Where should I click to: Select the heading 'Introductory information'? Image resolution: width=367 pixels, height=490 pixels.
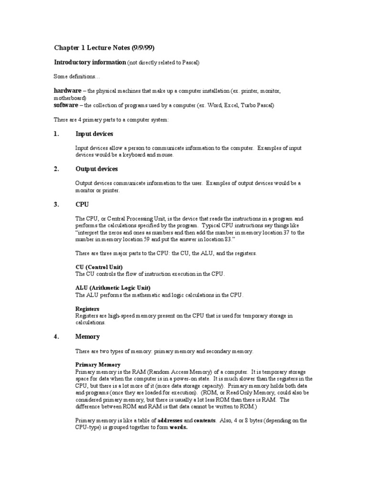(x=89, y=62)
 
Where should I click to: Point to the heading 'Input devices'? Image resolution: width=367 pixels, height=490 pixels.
(x=94, y=134)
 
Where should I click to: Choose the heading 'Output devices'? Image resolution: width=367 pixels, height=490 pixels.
(x=97, y=169)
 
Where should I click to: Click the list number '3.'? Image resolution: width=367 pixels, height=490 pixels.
(x=56, y=204)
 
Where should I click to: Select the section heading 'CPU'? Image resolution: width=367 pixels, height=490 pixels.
(x=82, y=204)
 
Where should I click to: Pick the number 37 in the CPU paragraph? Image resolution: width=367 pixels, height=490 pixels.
(x=287, y=232)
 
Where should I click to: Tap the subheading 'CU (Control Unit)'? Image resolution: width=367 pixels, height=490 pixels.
(x=99, y=267)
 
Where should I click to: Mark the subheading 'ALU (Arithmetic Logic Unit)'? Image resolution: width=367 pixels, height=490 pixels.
(x=113, y=288)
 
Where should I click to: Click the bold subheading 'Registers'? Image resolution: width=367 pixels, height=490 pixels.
(x=87, y=309)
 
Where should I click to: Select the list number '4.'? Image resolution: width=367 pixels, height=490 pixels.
(x=56, y=336)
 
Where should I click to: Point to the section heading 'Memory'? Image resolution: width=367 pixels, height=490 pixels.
(x=87, y=336)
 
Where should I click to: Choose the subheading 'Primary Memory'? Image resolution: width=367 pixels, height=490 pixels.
(x=96, y=364)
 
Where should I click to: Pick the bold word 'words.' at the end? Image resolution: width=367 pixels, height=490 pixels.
(x=179, y=427)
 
